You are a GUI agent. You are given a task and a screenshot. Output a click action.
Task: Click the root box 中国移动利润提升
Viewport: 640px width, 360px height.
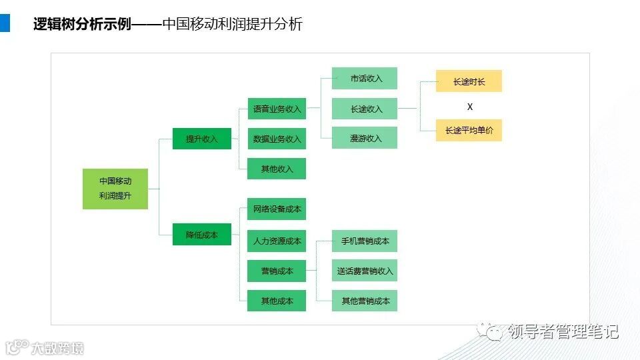tap(115, 189)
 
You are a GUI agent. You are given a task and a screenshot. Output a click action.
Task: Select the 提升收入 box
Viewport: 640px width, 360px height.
tap(202, 139)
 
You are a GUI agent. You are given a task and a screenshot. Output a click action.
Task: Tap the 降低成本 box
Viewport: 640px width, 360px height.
tap(202, 235)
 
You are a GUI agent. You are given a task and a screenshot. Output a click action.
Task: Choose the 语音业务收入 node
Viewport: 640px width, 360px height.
tap(277, 108)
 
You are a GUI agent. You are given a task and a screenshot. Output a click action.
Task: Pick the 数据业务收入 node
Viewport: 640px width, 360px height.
tap(277, 139)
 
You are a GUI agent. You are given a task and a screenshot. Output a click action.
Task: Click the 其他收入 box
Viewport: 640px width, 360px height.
tap(277, 169)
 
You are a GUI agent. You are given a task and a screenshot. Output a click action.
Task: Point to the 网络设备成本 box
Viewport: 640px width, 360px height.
tap(277, 209)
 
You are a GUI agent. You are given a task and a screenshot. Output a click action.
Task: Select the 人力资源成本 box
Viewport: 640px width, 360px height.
tap(277, 241)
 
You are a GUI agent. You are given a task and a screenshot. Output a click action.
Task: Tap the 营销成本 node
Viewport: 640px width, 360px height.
tap(277, 271)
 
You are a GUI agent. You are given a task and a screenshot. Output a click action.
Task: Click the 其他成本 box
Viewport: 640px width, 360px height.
tap(277, 301)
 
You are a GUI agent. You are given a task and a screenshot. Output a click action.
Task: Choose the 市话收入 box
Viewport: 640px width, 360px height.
tap(365, 78)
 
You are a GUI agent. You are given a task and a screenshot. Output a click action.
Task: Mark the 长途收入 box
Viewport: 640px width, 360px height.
tap(365, 109)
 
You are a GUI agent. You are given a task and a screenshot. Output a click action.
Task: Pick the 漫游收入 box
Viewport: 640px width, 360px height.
tap(365, 138)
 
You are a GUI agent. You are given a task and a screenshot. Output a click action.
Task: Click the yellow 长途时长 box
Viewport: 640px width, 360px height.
tap(469, 81)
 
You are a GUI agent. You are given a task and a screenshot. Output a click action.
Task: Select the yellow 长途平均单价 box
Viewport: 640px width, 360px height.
tap(469, 131)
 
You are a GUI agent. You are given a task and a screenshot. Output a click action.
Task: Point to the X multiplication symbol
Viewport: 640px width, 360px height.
tap(469, 107)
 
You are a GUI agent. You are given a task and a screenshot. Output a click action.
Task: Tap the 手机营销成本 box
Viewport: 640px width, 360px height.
tap(365, 241)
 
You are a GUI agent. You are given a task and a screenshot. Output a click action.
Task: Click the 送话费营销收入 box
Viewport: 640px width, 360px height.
tap(365, 271)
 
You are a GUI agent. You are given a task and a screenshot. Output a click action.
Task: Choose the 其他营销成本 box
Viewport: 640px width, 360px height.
tap(365, 301)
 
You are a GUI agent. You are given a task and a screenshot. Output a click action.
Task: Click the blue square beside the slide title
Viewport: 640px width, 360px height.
tap(5, 23)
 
